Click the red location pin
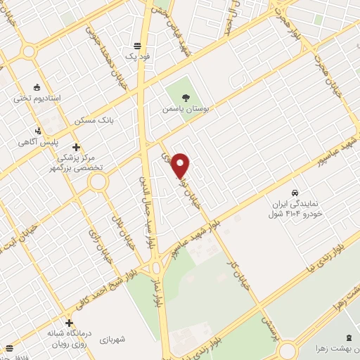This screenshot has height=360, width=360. (181, 165)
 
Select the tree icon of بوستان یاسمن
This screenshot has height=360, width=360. (185, 98)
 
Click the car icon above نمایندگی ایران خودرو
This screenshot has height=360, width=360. (295, 192)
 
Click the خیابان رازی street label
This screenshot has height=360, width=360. (96, 243)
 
